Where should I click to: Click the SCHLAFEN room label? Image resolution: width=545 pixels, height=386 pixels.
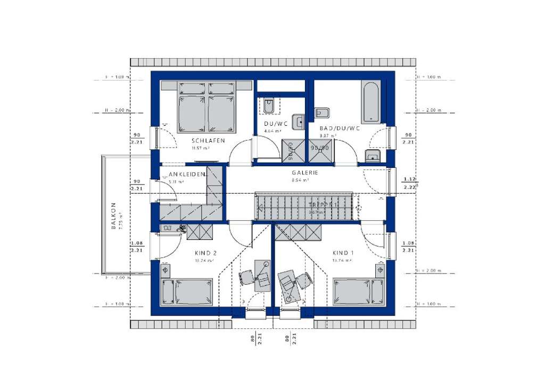coord(208,141)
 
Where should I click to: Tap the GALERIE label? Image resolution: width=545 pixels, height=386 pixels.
coord(304,173)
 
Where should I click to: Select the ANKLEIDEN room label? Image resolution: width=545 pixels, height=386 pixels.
coord(186,175)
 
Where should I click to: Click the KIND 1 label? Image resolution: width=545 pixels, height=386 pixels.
coord(343,253)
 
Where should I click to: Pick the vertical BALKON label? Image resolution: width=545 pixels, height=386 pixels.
coord(113,215)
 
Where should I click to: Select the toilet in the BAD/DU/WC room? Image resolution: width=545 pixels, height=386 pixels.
coord(321,112)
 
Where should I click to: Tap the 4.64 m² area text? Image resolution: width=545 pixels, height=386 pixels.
coord(272,131)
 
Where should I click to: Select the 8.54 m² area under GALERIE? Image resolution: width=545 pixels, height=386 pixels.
coord(300,180)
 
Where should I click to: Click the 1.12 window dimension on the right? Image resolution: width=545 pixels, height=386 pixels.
coord(409,179)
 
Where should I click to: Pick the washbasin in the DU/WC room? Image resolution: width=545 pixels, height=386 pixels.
coord(299,120)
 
